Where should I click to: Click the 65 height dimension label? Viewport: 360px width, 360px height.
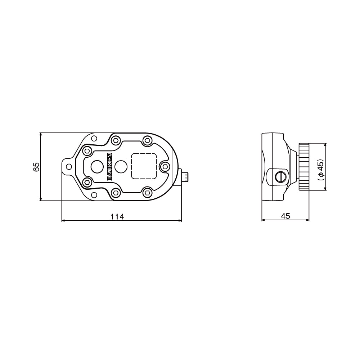(x=36, y=167)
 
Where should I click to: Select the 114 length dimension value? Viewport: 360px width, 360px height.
(x=117, y=216)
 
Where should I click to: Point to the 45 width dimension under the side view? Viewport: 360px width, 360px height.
(x=285, y=216)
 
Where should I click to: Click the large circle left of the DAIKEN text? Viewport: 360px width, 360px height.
(x=97, y=167)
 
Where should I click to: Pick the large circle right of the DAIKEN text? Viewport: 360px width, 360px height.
(x=121, y=166)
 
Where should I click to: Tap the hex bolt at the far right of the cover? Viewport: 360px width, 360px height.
(x=165, y=167)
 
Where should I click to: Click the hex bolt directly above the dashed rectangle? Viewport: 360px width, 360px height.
(x=147, y=140)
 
